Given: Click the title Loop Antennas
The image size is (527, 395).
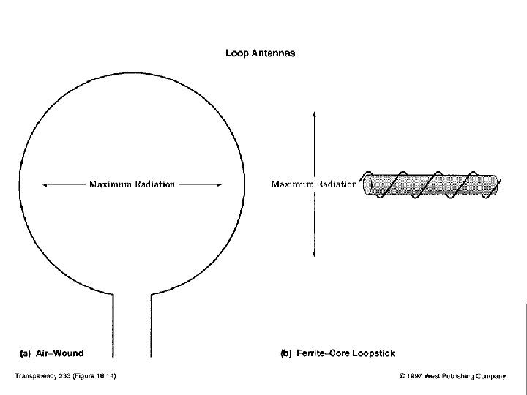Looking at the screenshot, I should (x=261, y=53).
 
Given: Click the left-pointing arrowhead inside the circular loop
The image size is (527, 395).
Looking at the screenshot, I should (x=45, y=185).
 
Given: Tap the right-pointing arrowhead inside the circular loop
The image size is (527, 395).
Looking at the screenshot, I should (x=220, y=185).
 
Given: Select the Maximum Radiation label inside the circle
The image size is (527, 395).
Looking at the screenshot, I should (x=132, y=184).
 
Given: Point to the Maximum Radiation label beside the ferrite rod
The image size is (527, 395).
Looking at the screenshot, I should (x=314, y=184).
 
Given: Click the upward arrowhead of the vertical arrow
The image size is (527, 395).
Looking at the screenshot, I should (x=315, y=113).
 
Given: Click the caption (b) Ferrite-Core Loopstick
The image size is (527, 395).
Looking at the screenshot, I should (x=337, y=353).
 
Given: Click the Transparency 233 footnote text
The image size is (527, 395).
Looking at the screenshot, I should (x=67, y=377).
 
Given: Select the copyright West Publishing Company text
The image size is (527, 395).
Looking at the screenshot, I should (x=452, y=377).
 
